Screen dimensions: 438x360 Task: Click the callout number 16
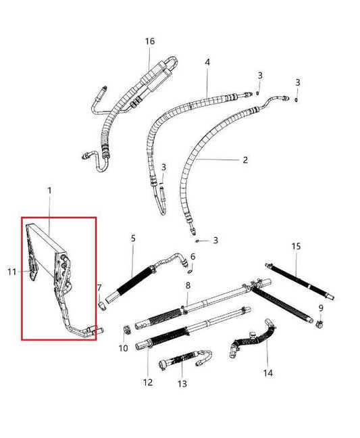pyautogui.click(x=150, y=41)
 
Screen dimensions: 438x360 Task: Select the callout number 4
pyautogui.click(x=207, y=62)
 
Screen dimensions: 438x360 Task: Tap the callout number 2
pyautogui.click(x=245, y=160)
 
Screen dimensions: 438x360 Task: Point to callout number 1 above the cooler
pyautogui.click(x=49, y=192)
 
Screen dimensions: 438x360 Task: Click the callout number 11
pyautogui.click(x=11, y=272)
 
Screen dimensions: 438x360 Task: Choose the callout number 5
pyautogui.click(x=133, y=238)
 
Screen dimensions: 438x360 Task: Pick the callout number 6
pyautogui.click(x=193, y=256)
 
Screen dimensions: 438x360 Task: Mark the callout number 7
pyautogui.click(x=99, y=287)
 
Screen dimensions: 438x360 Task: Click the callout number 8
pyautogui.click(x=187, y=287)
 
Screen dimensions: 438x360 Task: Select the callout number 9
pyautogui.click(x=321, y=308)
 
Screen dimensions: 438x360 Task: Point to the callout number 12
pyautogui.click(x=148, y=382)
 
